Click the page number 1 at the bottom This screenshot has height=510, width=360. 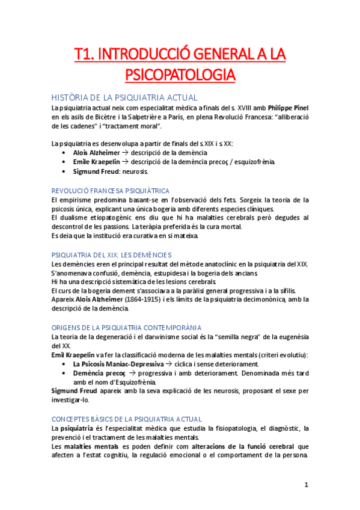[x=306, y=485]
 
